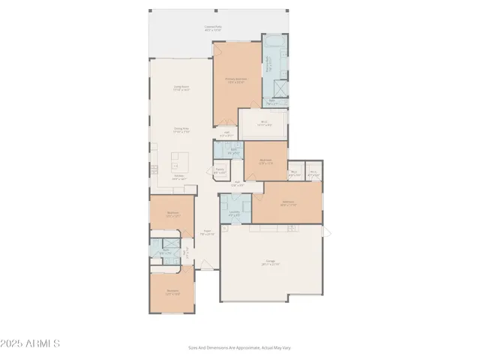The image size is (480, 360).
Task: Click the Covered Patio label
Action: click(x=213, y=28)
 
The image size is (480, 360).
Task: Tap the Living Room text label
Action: click(x=181, y=88)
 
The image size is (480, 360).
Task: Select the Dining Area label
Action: click(x=181, y=130)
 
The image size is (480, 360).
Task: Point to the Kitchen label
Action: click(x=179, y=178)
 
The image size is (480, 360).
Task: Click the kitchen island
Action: click(x=179, y=160)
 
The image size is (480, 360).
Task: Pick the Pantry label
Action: click(x=220, y=171)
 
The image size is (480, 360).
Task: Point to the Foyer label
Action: click(x=206, y=232)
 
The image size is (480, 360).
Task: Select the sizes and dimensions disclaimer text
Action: click(x=240, y=347)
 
